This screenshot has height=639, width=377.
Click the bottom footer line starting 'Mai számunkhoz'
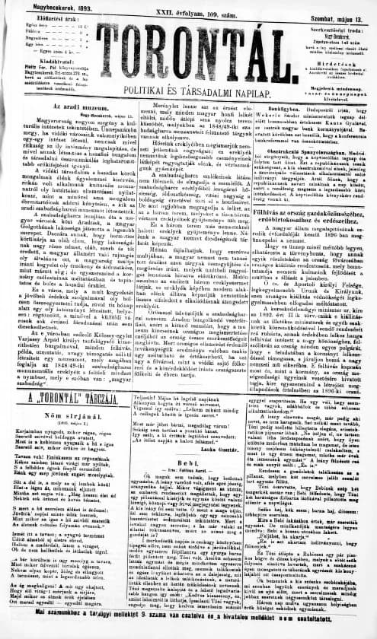pos(188,630)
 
